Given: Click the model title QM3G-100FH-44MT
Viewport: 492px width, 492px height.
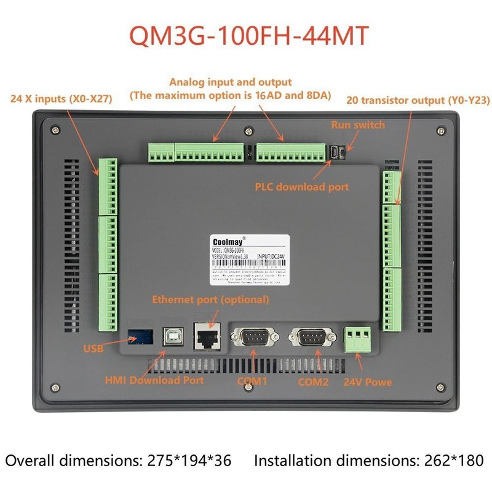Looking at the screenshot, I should tap(249, 36).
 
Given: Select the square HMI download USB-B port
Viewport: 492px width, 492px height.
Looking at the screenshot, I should tap(170, 336).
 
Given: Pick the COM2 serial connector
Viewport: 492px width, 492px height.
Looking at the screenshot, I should tap(310, 338).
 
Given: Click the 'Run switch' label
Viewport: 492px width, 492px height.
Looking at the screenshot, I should tap(358, 125).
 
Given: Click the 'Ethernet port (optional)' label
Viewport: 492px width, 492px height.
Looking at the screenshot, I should tap(210, 300).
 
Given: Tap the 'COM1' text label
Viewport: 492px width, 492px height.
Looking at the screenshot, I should tap(253, 381).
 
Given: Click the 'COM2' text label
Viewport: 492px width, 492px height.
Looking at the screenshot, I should tap(313, 381).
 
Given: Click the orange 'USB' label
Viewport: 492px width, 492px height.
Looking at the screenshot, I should tap(93, 349).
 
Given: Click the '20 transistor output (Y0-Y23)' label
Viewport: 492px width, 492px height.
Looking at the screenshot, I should tap(411, 98).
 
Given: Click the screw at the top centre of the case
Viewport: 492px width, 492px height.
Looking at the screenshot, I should tap(247, 130).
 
